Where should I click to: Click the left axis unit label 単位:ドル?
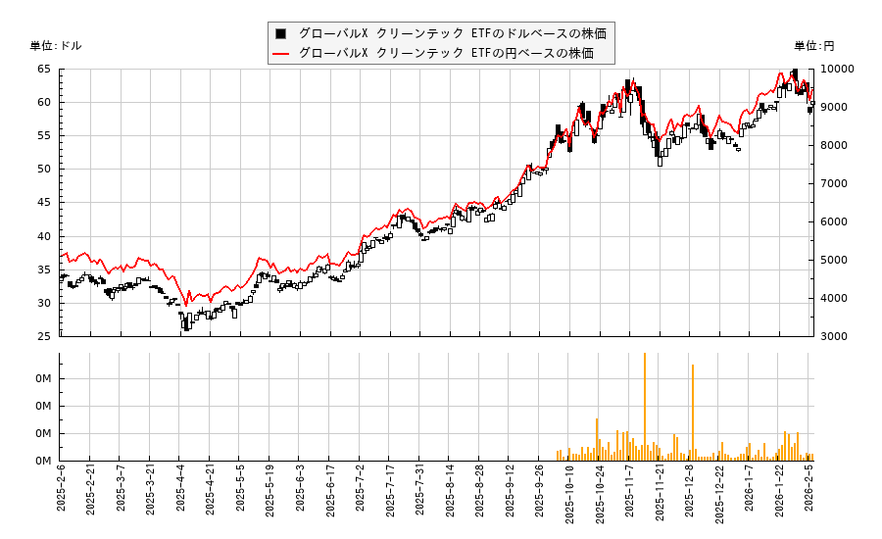[56, 46]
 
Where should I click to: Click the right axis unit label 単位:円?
[814, 46]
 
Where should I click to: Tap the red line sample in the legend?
[282, 53]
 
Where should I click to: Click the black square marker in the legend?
[282, 32]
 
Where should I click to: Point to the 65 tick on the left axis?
[44, 70]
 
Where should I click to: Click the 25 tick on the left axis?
[44, 336]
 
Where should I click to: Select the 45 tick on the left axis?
[44, 203]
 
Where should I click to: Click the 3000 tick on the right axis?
[833, 336]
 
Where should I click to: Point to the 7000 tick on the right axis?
[833, 183]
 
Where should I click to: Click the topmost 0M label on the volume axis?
[43, 379]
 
